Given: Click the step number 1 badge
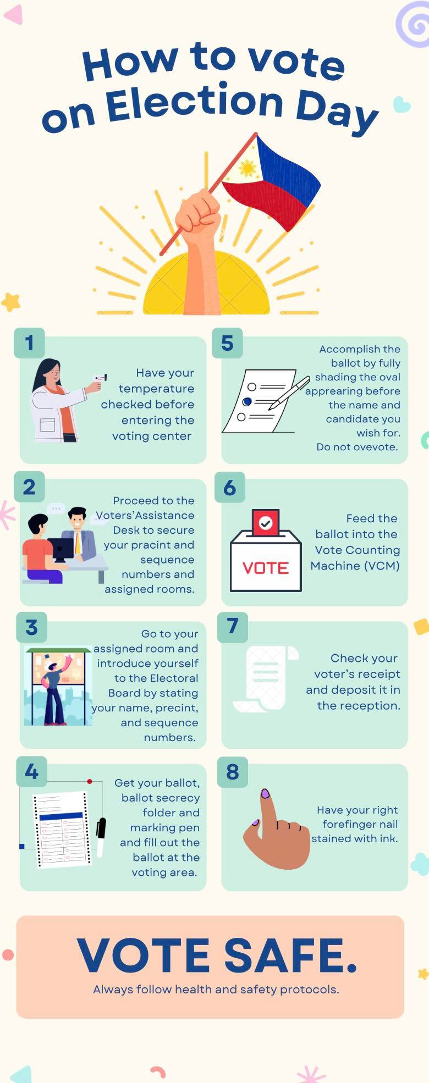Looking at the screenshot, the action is point(29,343).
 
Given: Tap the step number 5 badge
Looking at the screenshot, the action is point(227,343).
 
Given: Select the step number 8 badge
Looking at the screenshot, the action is point(233,772).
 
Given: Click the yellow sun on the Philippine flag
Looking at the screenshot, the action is point(248,168).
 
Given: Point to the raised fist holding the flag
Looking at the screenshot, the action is point(198,212).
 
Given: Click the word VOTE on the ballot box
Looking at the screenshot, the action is point(266,568).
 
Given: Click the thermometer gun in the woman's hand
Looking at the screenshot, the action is point(100,379).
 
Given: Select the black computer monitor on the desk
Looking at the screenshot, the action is point(61,549).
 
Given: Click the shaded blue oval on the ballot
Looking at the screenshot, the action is point(247,402).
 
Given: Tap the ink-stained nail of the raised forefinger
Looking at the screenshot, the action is point(265,793).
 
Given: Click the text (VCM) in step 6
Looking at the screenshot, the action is point(378,566).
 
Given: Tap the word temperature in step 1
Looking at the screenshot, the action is point(157,389).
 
